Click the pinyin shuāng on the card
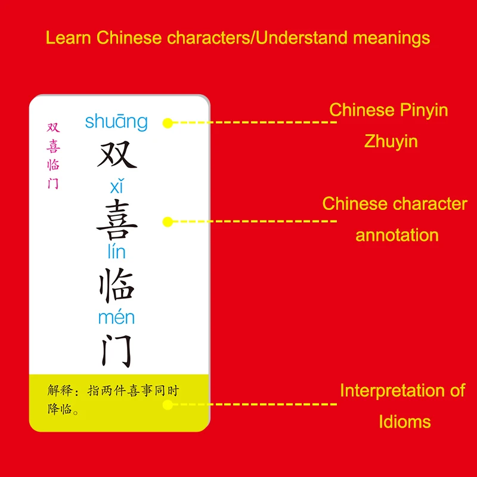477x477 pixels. point(116,122)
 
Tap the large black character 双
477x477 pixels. point(117,154)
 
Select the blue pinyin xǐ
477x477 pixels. point(116,187)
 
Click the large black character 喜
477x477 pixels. point(117,219)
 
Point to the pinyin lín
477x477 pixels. point(116,252)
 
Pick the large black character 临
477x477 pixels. point(117,284)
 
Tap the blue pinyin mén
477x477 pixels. point(116,317)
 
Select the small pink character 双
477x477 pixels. point(54,128)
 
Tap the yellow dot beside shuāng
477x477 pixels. point(168,123)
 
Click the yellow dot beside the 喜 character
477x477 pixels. point(168,221)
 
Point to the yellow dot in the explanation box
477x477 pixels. point(168,404)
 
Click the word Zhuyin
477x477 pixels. point(391,141)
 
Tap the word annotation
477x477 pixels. point(397,235)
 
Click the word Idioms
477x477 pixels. point(404,422)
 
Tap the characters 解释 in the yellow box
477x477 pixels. point(60,391)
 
